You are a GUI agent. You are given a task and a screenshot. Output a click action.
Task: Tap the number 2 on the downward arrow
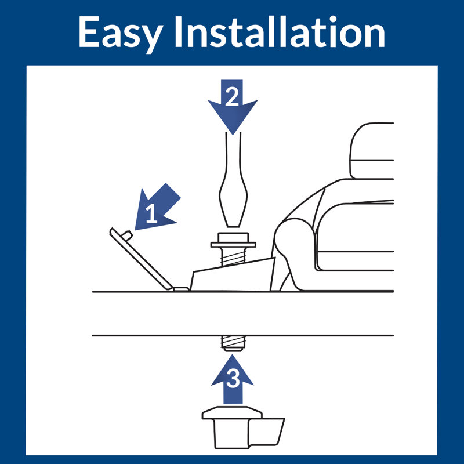(232, 97)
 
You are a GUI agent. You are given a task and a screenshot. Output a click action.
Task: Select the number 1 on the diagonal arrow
(151, 213)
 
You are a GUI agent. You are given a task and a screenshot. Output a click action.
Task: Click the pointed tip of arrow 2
(233, 134)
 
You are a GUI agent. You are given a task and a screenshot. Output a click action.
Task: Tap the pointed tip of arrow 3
(233, 355)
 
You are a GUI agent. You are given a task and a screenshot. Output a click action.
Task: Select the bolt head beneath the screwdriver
(233, 237)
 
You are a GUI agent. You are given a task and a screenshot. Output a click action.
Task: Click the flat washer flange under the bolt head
(233, 245)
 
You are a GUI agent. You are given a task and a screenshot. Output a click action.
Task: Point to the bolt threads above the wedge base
(233, 256)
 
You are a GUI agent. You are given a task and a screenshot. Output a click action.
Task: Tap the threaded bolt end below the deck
(233, 343)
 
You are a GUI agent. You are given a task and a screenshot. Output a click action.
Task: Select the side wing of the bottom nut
(266, 432)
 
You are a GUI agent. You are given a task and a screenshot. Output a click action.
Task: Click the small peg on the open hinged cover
(127, 235)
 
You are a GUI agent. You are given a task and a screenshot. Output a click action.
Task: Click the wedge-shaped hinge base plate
(233, 275)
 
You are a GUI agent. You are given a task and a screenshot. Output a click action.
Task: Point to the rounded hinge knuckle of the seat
(293, 237)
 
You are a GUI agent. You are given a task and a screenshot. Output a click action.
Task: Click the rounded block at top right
(372, 151)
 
